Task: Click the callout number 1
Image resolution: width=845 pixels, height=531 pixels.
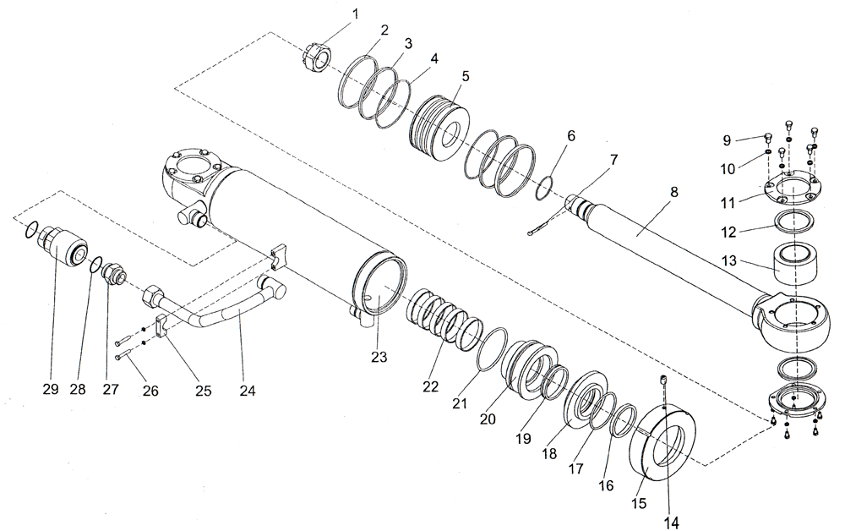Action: click(x=356, y=14)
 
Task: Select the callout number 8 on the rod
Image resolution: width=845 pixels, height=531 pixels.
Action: click(x=673, y=193)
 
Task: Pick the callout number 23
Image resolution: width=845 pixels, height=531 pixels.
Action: click(x=378, y=358)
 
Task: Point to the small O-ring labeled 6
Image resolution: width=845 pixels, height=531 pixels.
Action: click(x=545, y=188)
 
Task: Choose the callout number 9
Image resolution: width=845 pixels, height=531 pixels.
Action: click(x=727, y=140)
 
